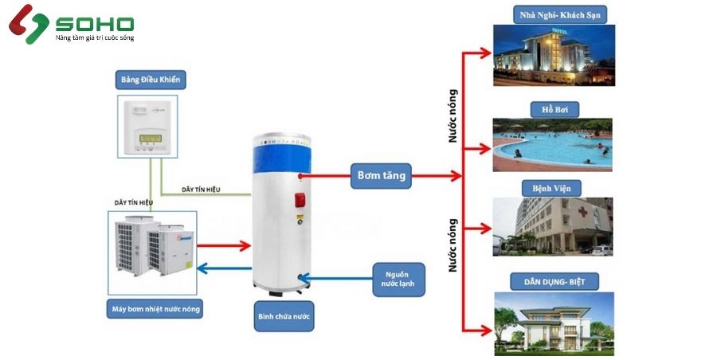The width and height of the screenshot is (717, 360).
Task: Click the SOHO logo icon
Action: point(27,24)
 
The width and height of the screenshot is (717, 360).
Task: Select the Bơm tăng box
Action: point(382,174)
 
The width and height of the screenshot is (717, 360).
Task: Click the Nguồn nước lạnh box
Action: point(398,278)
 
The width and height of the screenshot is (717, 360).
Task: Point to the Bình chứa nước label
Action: point(285,316)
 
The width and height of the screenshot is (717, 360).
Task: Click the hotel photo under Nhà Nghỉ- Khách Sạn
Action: point(552,57)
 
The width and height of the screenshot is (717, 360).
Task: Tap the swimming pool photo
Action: point(552,145)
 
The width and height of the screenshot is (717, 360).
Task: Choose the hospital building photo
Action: point(552,227)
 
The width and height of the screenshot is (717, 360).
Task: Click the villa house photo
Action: point(553,323)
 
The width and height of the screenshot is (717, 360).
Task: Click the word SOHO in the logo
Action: point(94,24)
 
